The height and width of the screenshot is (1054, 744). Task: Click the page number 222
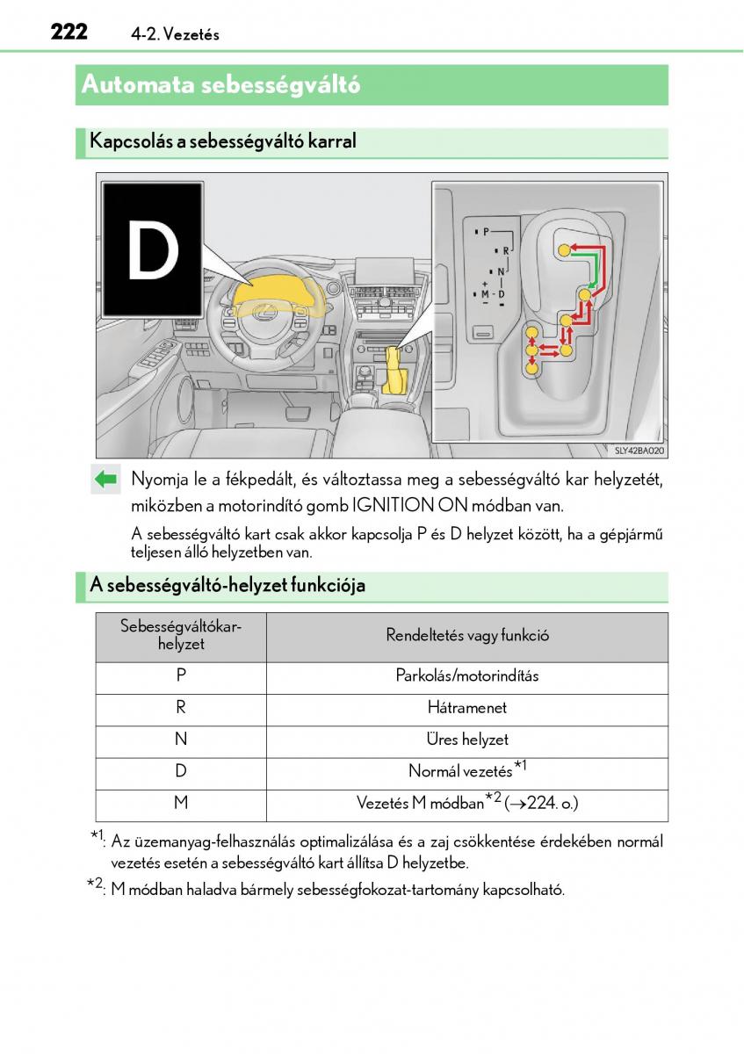tap(69, 32)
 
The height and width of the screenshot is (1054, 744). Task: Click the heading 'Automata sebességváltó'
tap(220, 85)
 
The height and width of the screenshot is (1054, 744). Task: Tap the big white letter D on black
tap(153, 249)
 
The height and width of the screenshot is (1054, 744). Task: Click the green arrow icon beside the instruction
tap(105, 480)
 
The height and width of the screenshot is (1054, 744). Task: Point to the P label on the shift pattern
tap(486, 231)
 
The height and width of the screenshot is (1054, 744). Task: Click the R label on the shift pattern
tap(506, 251)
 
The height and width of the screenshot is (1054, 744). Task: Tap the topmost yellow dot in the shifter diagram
tap(564, 249)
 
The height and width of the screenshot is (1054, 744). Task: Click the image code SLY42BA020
tap(639, 451)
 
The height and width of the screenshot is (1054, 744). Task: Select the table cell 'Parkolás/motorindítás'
tap(466, 675)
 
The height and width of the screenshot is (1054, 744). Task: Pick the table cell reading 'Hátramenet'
tap(466, 708)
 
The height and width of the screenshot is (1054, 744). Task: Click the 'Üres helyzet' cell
tap(466, 740)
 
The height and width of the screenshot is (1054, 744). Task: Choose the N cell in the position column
tap(181, 740)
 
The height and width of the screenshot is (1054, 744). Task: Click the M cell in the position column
tap(181, 802)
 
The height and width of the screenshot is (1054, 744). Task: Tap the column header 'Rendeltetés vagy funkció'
tap(466, 635)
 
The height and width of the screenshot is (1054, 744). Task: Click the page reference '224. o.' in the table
tap(550, 803)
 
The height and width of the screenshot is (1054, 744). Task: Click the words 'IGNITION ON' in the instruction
tap(409, 506)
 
